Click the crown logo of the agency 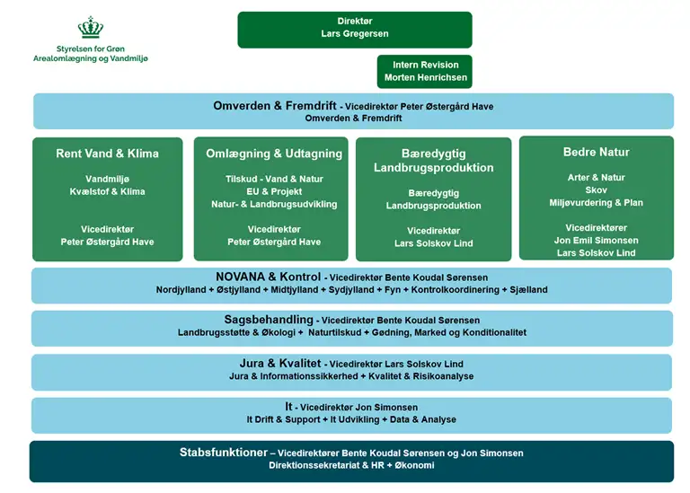point(91,27)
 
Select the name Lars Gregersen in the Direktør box point(354,34)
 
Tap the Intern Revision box point(425,71)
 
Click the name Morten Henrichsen point(425,78)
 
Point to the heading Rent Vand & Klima point(107,154)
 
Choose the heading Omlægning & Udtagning point(274,154)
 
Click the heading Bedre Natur point(596,153)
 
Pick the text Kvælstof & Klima point(107,191)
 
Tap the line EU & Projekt point(274,191)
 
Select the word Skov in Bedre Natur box point(596,189)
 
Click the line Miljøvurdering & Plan point(596,202)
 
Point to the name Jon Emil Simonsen point(596,241)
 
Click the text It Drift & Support point(284,419)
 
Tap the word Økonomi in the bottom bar point(415,466)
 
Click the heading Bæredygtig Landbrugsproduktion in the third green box point(433,161)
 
